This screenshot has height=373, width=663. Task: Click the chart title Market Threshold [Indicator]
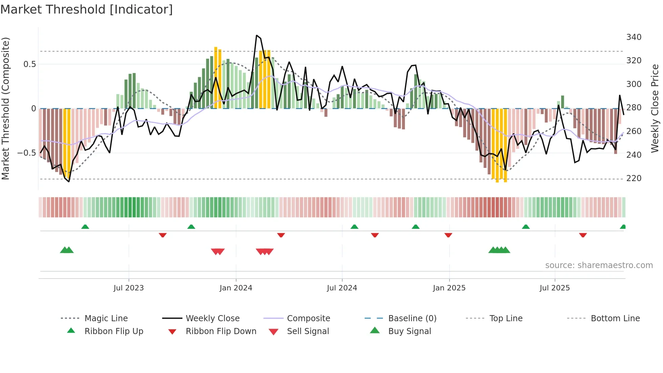87,9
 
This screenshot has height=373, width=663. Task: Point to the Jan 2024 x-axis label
236,288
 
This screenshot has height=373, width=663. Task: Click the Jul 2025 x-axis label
554,288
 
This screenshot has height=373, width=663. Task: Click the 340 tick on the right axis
634,37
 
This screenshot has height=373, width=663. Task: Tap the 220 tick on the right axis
634,178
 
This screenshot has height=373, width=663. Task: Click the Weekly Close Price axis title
655,108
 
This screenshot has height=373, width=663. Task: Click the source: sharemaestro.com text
599,265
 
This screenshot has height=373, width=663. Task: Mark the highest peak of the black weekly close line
257,35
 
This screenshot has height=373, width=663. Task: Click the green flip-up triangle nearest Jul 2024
354,227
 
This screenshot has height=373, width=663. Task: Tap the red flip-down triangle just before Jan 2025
448,235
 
